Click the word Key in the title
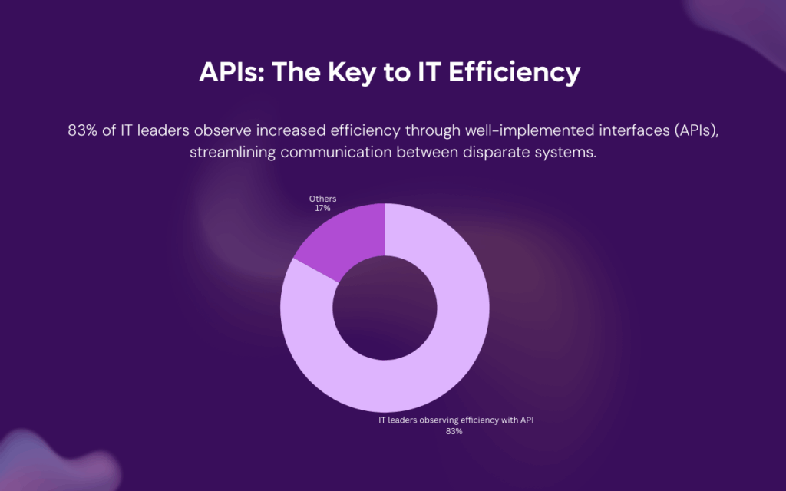pos(352,72)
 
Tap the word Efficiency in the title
pos(514,72)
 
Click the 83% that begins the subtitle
pos(82,130)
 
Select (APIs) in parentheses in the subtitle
pos(697,131)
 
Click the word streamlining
pos(233,153)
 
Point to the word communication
pos(336,153)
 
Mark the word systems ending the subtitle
pos(566,153)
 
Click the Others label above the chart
pos(322,199)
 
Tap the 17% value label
pos(322,209)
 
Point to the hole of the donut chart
pos(385,308)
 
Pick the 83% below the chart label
pos(454,431)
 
